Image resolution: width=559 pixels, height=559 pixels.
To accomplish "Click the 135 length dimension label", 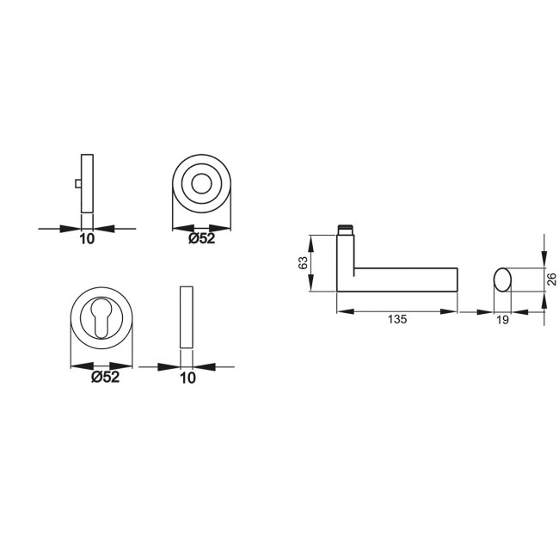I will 396,319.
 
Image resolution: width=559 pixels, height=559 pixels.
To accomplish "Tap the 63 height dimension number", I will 303,264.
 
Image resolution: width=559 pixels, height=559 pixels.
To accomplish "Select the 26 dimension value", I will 551,279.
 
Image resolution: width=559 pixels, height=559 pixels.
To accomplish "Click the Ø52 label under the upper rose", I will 203,239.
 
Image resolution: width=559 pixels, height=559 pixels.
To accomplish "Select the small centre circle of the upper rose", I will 203,185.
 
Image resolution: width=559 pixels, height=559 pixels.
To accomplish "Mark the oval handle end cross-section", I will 502,279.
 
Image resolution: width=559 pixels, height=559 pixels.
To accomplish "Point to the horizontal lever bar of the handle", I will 404,279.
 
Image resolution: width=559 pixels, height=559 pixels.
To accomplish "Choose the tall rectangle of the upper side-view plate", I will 86,183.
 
